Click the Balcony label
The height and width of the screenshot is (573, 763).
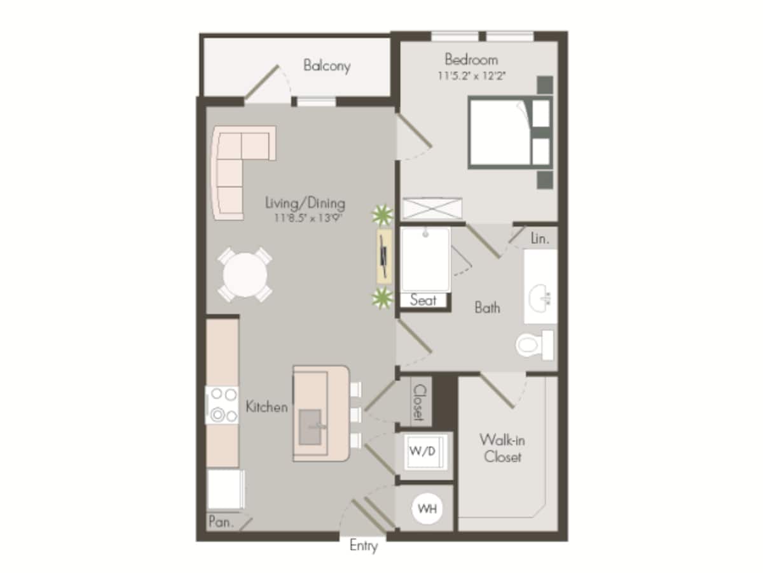point(326,66)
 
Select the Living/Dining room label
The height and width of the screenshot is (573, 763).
point(305,204)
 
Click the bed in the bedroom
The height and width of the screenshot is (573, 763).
point(502,132)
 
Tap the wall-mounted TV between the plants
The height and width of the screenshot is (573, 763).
point(383,256)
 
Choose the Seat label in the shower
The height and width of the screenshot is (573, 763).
point(423,300)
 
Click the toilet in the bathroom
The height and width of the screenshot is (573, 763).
point(533,345)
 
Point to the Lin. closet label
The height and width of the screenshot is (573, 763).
point(540,239)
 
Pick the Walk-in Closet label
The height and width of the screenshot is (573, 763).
point(502,448)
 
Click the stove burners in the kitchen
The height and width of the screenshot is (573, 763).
point(222,405)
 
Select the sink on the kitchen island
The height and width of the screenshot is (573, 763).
point(312,425)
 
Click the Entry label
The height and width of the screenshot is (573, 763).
point(364,546)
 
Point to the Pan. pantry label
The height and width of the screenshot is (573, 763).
point(221,522)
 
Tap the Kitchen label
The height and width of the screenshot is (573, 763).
point(266,407)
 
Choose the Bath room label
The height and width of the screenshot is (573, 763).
point(487,308)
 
